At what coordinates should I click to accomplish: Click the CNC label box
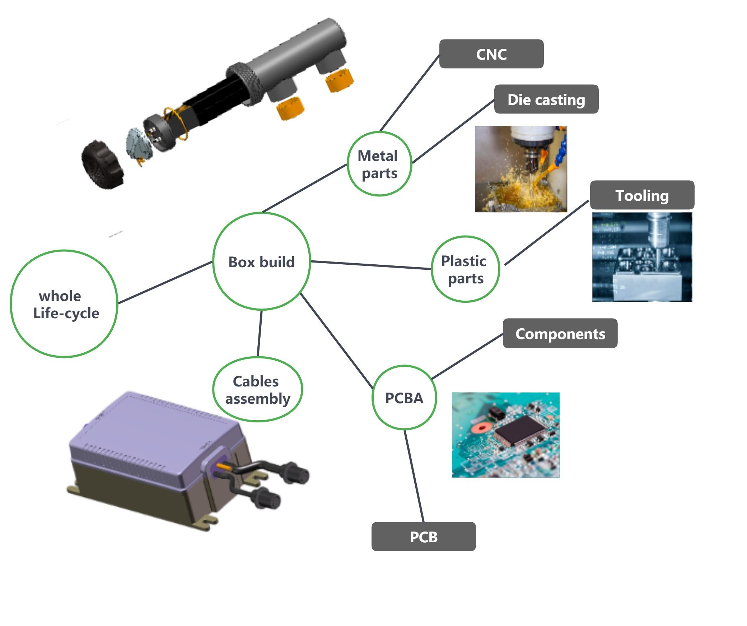(x=491, y=54)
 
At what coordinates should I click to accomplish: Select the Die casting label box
(x=546, y=99)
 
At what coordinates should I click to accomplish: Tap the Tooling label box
(x=642, y=195)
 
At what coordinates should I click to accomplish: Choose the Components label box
(x=560, y=333)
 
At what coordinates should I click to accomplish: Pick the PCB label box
(x=423, y=537)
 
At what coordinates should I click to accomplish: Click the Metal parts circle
(x=379, y=164)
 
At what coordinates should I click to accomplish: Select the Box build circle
(x=261, y=261)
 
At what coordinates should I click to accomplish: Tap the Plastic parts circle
(x=465, y=269)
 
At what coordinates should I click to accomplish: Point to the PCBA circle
(x=404, y=398)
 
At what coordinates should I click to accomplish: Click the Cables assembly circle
(x=257, y=390)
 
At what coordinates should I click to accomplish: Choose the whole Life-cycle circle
(x=64, y=304)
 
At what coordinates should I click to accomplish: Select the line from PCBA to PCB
(x=414, y=476)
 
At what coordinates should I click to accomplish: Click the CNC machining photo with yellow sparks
(x=520, y=169)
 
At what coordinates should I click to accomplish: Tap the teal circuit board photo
(x=505, y=435)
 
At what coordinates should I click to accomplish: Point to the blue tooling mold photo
(x=642, y=257)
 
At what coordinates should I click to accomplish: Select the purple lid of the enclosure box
(x=154, y=427)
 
